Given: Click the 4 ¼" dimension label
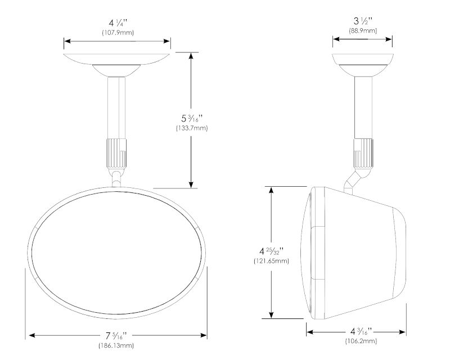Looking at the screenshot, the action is (x=118, y=22).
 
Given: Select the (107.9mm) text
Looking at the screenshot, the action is (x=118, y=33).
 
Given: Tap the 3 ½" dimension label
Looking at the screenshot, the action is (x=363, y=21).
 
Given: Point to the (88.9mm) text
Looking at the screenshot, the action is (x=363, y=30).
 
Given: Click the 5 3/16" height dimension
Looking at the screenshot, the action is (x=192, y=118).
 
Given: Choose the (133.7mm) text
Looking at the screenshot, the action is (x=192, y=128).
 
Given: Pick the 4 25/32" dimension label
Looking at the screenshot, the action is (x=271, y=251).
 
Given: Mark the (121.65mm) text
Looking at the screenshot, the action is (x=271, y=261).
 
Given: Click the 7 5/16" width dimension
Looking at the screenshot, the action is (x=116, y=335).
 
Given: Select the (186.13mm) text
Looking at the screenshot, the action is (x=116, y=345).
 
